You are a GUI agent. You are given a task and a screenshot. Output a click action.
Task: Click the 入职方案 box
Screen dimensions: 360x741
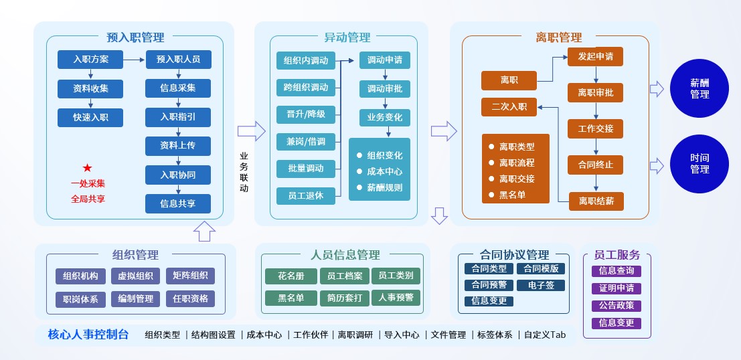pos(91,60)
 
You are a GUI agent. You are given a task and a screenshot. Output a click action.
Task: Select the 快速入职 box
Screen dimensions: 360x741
pos(91,118)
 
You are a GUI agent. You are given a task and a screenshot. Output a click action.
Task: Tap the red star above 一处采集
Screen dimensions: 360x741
pos(88,168)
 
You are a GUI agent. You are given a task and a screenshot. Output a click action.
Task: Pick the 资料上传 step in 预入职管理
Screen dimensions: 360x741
pos(178,146)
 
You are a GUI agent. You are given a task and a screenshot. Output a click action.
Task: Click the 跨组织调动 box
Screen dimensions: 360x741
pos(306,88)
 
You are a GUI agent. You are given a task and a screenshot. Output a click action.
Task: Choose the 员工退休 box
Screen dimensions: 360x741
pos(306,196)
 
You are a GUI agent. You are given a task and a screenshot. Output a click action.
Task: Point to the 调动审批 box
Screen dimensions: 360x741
pos(385,88)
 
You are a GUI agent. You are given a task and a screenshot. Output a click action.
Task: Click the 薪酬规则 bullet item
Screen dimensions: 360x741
pos(385,187)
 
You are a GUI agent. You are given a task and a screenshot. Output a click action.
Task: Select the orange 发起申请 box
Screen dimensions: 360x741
pos(595,57)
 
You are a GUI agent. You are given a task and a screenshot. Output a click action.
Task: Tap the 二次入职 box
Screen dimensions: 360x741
pos(509,106)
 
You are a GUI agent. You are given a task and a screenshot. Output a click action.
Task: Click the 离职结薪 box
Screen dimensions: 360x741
pos(596,201)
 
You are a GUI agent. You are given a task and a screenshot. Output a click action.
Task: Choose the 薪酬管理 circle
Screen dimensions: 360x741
pos(699,88)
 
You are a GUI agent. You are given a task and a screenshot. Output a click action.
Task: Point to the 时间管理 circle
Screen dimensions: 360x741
pos(699,164)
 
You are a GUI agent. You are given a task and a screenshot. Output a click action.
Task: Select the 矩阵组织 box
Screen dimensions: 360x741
pos(191,276)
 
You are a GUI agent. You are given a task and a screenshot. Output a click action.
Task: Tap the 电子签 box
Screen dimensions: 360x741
pos(541,285)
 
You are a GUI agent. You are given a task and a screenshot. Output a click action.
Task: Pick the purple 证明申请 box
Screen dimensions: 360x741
pos(616,288)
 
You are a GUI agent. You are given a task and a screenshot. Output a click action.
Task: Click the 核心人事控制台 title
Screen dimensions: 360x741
pos(88,335)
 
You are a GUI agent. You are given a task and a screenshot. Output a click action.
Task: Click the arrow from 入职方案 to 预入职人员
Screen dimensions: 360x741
pos(135,60)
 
